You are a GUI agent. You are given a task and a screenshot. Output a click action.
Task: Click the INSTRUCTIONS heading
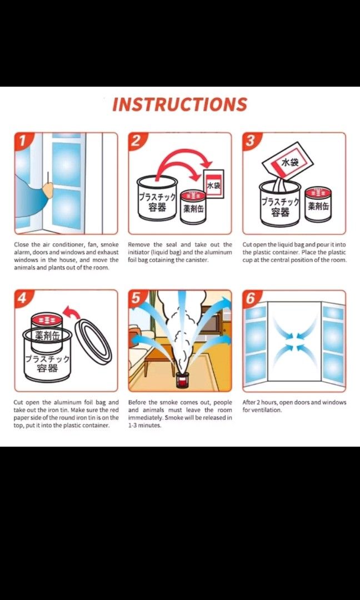pyautogui.click(x=179, y=104)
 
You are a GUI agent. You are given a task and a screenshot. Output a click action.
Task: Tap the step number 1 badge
pyautogui.click(x=22, y=141)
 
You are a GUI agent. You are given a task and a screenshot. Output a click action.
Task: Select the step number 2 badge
pyautogui.click(x=137, y=141)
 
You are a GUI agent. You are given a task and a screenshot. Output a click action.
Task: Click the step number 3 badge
pyautogui.click(x=251, y=141)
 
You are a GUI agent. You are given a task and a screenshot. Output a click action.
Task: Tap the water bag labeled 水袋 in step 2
pyautogui.click(x=213, y=184)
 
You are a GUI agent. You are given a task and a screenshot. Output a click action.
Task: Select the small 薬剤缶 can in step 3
pyautogui.click(x=319, y=204)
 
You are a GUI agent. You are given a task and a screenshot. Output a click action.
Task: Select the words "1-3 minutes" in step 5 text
pyautogui.click(x=144, y=426)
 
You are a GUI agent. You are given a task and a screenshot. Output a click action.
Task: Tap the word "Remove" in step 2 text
pyautogui.click(x=139, y=244)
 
